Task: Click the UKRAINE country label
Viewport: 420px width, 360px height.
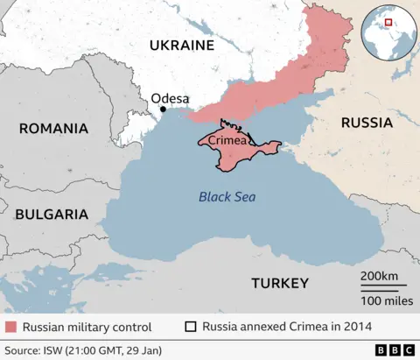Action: [x=181, y=45]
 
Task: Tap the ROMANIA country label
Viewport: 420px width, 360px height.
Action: [x=53, y=129]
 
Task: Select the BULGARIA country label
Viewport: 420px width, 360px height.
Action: [x=52, y=214]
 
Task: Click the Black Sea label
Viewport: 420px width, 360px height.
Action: [x=227, y=197]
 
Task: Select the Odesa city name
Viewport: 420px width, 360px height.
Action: [x=170, y=99]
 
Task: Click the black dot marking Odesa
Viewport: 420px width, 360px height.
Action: [x=162, y=110]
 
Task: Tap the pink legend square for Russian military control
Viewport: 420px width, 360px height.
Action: [x=10, y=327]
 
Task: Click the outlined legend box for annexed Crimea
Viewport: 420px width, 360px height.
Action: [x=190, y=327]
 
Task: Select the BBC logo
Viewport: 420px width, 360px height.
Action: [x=395, y=349]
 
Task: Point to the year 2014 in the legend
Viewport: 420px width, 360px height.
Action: [x=359, y=327]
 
